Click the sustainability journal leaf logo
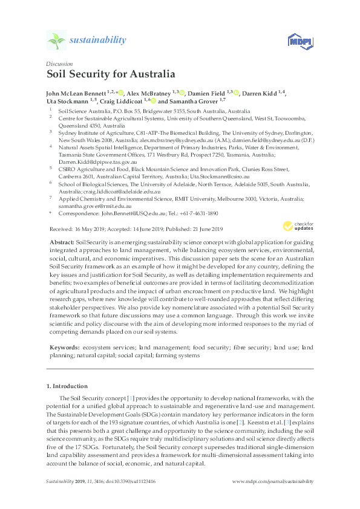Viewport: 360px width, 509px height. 56,41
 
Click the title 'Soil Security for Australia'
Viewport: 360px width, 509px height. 111,76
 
